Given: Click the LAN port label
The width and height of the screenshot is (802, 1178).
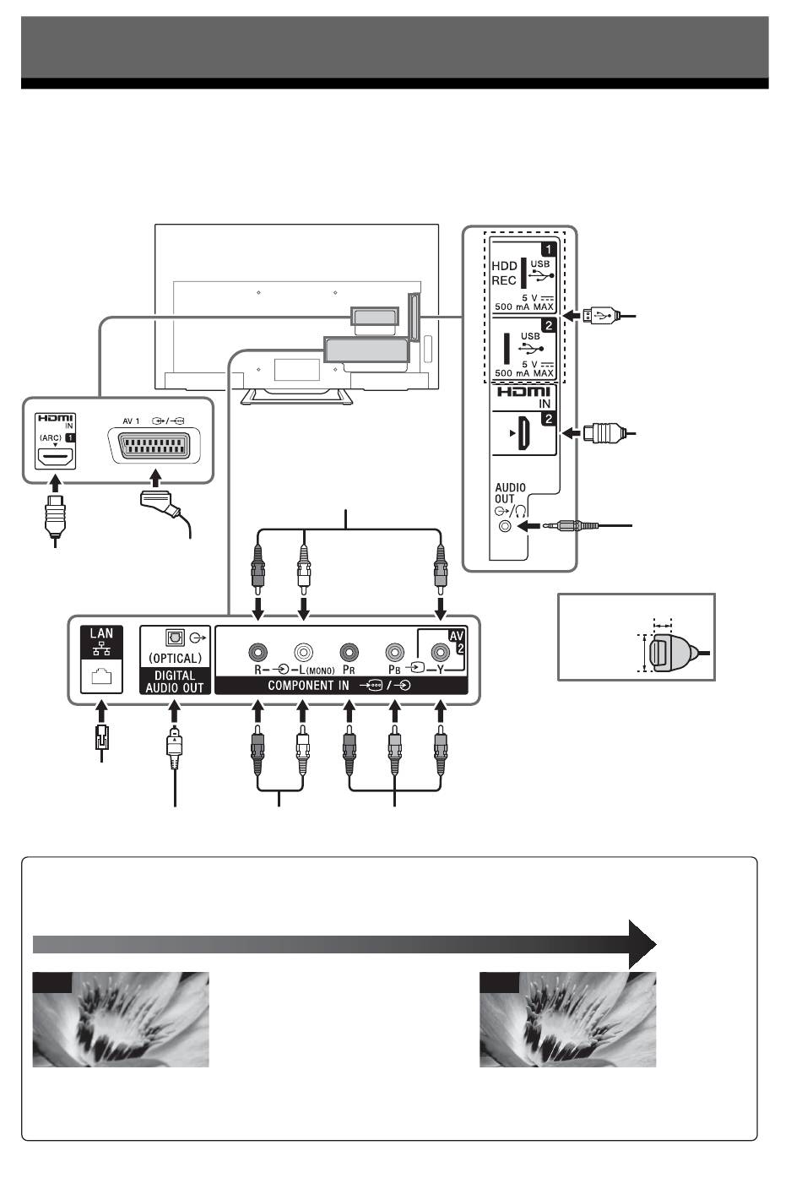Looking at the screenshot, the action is click(x=101, y=633).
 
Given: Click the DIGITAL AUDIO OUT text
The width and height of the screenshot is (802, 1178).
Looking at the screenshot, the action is click(x=175, y=681).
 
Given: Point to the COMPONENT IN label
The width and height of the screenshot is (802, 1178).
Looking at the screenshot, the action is click(x=308, y=686).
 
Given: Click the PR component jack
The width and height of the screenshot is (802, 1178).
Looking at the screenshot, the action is click(x=349, y=653).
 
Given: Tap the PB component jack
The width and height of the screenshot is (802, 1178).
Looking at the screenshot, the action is click(x=394, y=653).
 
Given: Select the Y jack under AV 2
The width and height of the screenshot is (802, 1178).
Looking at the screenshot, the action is click(x=440, y=653).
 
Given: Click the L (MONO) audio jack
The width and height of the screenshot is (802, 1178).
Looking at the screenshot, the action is click(x=303, y=653).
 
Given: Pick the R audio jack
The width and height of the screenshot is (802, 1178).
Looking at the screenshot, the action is click(x=257, y=653).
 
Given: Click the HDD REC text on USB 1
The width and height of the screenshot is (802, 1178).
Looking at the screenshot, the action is click(x=504, y=274).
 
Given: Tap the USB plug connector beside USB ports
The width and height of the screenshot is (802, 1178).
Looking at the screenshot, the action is click(x=599, y=316).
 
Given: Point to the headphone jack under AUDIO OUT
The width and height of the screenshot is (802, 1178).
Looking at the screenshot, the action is click(x=504, y=526).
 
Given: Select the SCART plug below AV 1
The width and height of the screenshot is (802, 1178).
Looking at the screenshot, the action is click(x=160, y=501).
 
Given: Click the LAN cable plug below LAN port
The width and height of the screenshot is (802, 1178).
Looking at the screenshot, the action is click(x=101, y=736).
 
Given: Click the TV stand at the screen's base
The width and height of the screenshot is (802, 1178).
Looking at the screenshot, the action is click(x=296, y=397).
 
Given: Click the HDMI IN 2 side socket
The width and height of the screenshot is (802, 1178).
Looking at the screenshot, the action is click(x=523, y=433).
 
